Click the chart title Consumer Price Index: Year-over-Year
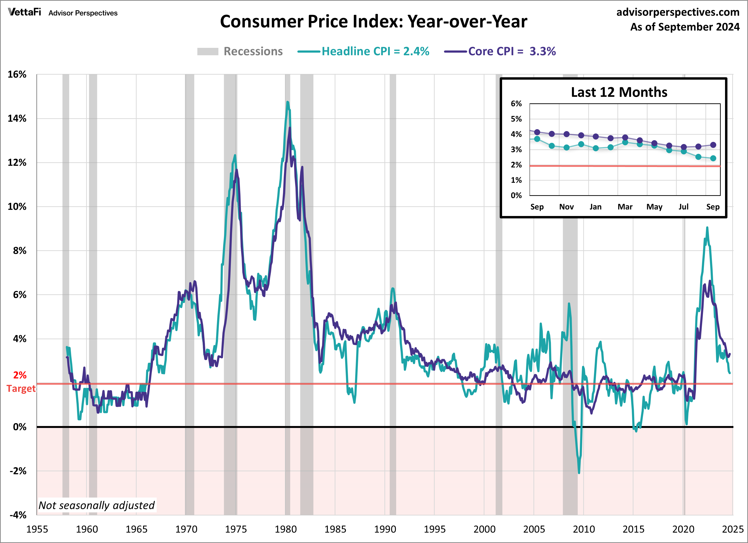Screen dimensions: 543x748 (373, 22)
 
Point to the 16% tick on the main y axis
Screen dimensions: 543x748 (17, 75)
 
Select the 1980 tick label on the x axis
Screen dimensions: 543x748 (286, 529)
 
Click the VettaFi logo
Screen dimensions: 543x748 (24, 12)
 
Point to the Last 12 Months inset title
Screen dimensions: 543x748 (619, 92)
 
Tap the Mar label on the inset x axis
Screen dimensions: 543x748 (625, 207)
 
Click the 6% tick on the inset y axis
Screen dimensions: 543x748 (516, 104)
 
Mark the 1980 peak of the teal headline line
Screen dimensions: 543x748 (288, 102)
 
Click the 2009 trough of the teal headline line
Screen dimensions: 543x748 (579, 472)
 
